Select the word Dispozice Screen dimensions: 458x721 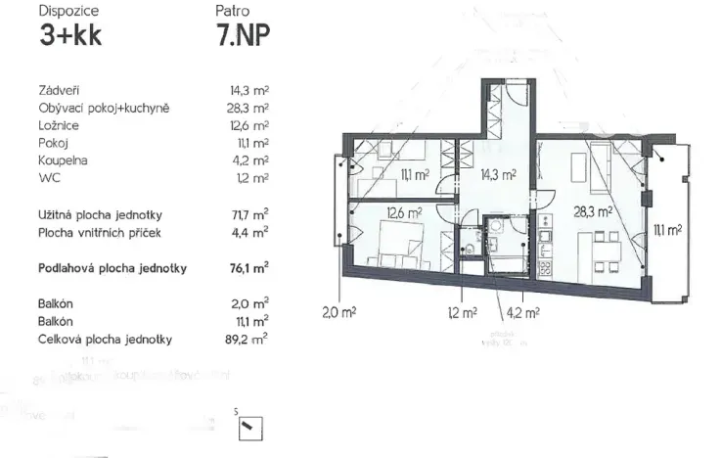point(68,12)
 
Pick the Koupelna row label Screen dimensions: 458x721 point(63,160)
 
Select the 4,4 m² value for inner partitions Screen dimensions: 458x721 point(250,232)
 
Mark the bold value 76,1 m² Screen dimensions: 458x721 point(248,267)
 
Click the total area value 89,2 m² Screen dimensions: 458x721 point(248,339)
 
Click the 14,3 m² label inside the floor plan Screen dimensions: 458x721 point(498,175)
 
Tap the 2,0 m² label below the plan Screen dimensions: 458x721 point(338,313)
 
